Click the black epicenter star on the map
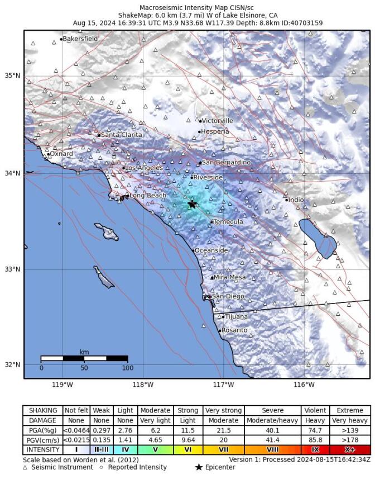(x=192, y=205)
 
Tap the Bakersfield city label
(x=80, y=39)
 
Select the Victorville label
(x=217, y=121)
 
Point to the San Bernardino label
(x=226, y=163)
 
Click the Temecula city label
(x=228, y=222)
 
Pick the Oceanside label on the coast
(x=211, y=250)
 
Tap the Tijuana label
(x=236, y=316)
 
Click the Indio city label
(x=296, y=200)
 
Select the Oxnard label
(x=61, y=154)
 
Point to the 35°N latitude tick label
(x=13, y=75)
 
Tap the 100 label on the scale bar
(x=127, y=368)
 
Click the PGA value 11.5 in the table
(x=187, y=430)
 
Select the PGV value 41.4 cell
(x=272, y=439)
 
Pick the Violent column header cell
(x=314, y=410)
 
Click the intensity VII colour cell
(x=223, y=449)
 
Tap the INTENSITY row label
(x=42, y=449)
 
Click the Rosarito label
(x=234, y=330)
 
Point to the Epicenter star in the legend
(x=199, y=467)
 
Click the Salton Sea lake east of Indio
(x=318, y=238)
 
